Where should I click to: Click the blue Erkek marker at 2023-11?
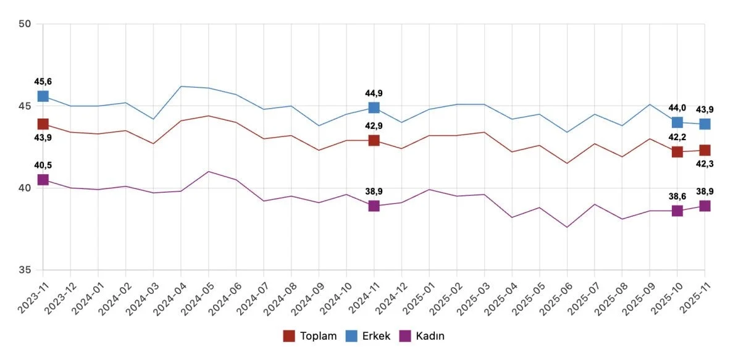pos(43,96)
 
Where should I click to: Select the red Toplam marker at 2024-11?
pos(374,140)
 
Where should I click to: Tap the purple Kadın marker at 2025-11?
pos(705,206)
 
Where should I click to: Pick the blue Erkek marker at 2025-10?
pos(677,122)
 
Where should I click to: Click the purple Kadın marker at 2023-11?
pos(43,180)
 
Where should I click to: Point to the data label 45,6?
pos(43,82)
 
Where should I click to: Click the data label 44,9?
pos(374,93)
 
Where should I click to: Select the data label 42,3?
pos(705,164)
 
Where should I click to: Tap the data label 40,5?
pos(43,165)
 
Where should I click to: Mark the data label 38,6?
pos(677,196)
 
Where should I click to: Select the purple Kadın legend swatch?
pos(405,336)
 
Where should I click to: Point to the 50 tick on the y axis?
pos(25,24)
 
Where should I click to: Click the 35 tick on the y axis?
pos(25,270)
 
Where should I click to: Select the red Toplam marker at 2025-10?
pos(677,152)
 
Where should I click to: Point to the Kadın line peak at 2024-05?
pos(208,172)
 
